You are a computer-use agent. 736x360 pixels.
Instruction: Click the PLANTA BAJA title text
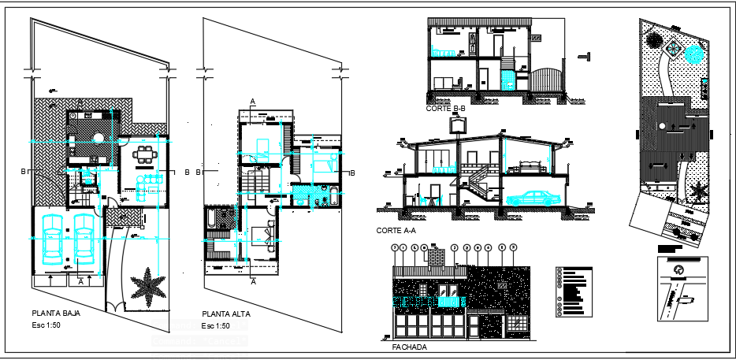(56, 312)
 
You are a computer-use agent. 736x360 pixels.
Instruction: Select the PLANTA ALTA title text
(226, 314)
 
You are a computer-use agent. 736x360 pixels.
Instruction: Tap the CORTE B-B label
(446, 109)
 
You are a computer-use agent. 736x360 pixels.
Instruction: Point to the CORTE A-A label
(397, 231)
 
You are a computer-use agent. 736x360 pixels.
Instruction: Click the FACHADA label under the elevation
(409, 347)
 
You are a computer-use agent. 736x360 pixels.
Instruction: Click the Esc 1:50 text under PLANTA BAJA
(48, 325)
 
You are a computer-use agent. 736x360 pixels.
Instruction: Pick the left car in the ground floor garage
(53, 239)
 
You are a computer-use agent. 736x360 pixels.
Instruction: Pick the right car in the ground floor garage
(84, 239)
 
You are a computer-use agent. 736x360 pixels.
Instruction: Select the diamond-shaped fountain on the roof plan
(674, 46)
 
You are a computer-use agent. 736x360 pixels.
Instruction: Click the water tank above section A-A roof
(459, 123)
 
